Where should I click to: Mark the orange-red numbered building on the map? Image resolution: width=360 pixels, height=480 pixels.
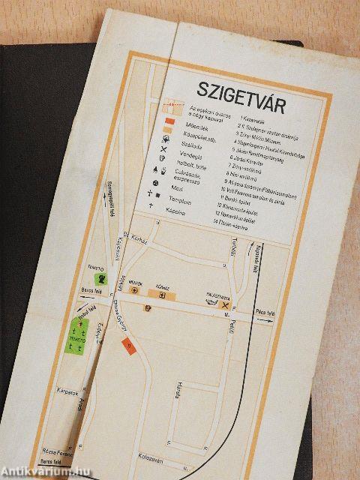pyautogui.click(x=127, y=346)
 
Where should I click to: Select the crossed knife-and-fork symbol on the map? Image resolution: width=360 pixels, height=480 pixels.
pyautogui.click(x=225, y=305)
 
